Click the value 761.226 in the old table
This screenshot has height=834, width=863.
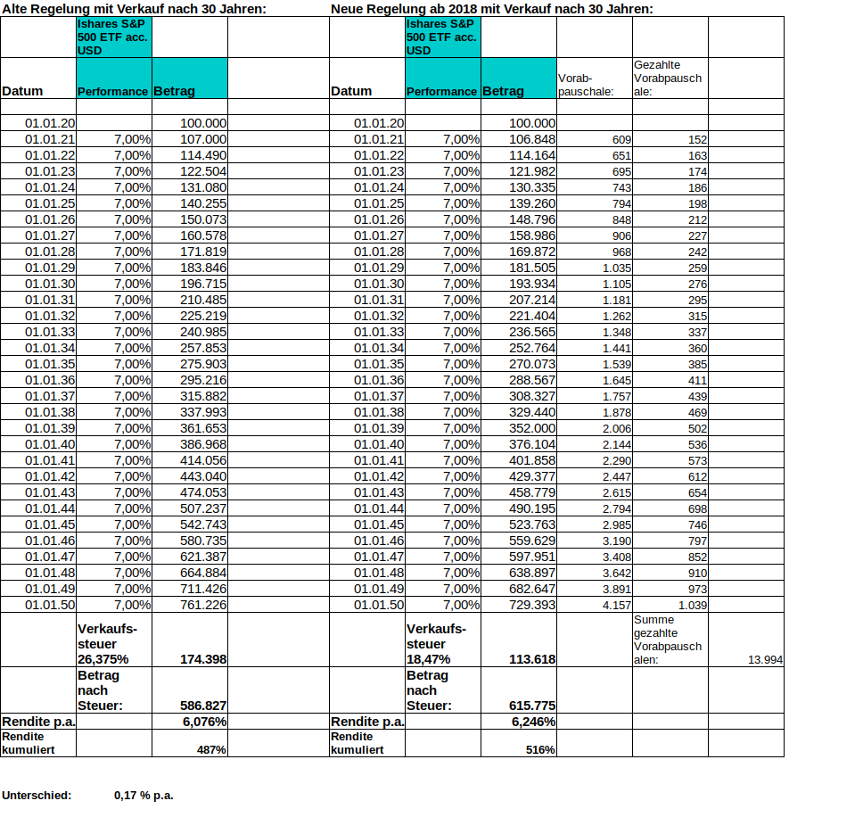pyautogui.click(x=203, y=605)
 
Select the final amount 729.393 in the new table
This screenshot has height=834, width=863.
pyautogui.click(x=532, y=605)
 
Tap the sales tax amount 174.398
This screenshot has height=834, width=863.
pyautogui.click(x=203, y=659)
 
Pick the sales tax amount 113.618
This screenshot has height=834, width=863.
pyautogui.click(x=532, y=659)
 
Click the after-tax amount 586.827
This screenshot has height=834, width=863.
pyautogui.click(x=203, y=706)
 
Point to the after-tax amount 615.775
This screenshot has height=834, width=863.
pyautogui.click(x=532, y=706)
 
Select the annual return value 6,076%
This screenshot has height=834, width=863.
pyautogui.click(x=204, y=722)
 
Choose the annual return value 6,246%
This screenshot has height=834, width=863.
pyautogui.click(x=533, y=722)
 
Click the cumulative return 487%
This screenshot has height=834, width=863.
pyautogui.click(x=211, y=750)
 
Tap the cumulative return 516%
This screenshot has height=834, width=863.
pyautogui.click(x=540, y=750)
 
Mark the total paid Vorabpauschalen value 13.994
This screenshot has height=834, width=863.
pyautogui.click(x=765, y=659)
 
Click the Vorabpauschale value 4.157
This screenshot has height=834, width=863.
pyautogui.click(x=617, y=605)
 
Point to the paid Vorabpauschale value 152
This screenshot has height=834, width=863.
pyautogui.click(x=697, y=140)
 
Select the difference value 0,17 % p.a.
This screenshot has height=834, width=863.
pyautogui.click(x=144, y=795)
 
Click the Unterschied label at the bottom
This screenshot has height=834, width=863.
pyautogui.click(x=37, y=795)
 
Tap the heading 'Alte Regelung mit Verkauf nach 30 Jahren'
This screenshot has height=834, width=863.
pyautogui.click(x=134, y=9)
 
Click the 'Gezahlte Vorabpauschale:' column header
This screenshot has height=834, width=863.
pyautogui.click(x=668, y=78)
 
